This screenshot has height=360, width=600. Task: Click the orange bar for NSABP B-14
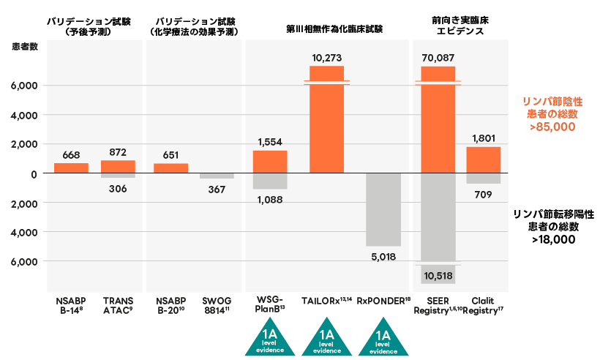click(x=71, y=168)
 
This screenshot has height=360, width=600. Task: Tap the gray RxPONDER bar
click(x=383, y=209)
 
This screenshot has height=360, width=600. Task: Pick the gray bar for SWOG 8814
click(x=217, y=176)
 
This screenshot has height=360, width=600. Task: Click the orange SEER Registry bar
click(x=438, y=121)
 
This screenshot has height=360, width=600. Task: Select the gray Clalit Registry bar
click(x=483, y=178)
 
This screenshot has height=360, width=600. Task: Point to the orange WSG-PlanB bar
click(x=270, y=162)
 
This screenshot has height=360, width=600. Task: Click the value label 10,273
click(x=327, y=56)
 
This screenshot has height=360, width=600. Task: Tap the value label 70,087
click(x=438, y=56)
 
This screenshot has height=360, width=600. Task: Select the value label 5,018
click(x=383, y=256)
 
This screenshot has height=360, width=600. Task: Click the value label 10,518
click(x=438, y=275)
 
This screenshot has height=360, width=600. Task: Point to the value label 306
click(x=117, y=189)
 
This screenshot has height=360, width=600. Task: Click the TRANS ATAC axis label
click(x=117, y=305)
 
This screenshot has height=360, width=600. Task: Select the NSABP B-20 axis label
click(x=171, y=305)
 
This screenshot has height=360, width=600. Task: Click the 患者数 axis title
click(x=25, y=47)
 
